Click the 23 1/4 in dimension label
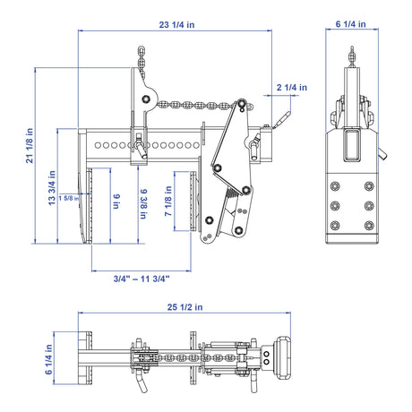[x=176, y=24]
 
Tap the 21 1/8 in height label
[x=30, y=146]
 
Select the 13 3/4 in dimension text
[x=52, y=188]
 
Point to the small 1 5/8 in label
[x=69, y=198]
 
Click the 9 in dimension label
[x=116, y=202]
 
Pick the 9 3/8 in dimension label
[x=143, y=203]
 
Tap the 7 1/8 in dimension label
[x=168, y=201]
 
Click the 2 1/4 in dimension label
[x=292, y=87]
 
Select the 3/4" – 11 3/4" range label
[x=142, y=279]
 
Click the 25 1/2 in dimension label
[x=185, y=307]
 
